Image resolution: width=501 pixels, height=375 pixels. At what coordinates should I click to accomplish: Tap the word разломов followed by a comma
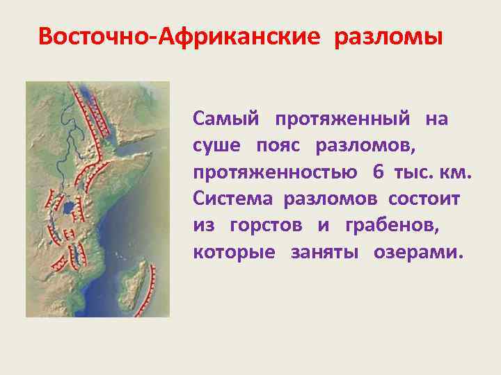click(x=367, y=146)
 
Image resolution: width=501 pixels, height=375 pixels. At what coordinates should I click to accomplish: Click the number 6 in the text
click(x=378, y=172)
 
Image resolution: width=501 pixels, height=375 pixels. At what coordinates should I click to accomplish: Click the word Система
click(x=234, y=199)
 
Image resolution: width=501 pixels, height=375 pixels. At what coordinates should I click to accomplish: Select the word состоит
click(x=424, y=199)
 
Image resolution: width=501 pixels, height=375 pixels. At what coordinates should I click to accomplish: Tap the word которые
click(x=229, y=251)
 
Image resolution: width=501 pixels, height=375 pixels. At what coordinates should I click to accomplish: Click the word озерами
click(x=417, y=251)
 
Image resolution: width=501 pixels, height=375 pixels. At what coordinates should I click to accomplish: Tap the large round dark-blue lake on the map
click(x=67, y=208)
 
